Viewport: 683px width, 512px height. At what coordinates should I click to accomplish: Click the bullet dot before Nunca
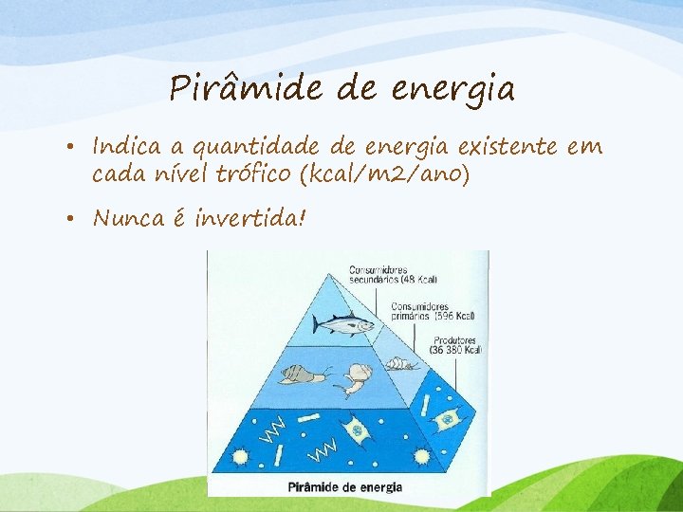[x=72, y=220]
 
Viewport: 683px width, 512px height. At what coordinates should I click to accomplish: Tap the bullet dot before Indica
[x=72, y=149]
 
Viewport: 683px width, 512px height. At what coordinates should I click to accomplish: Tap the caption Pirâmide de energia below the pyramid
[x=344, y=487]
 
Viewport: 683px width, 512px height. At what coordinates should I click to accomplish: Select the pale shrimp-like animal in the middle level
[x=352, y=378]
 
